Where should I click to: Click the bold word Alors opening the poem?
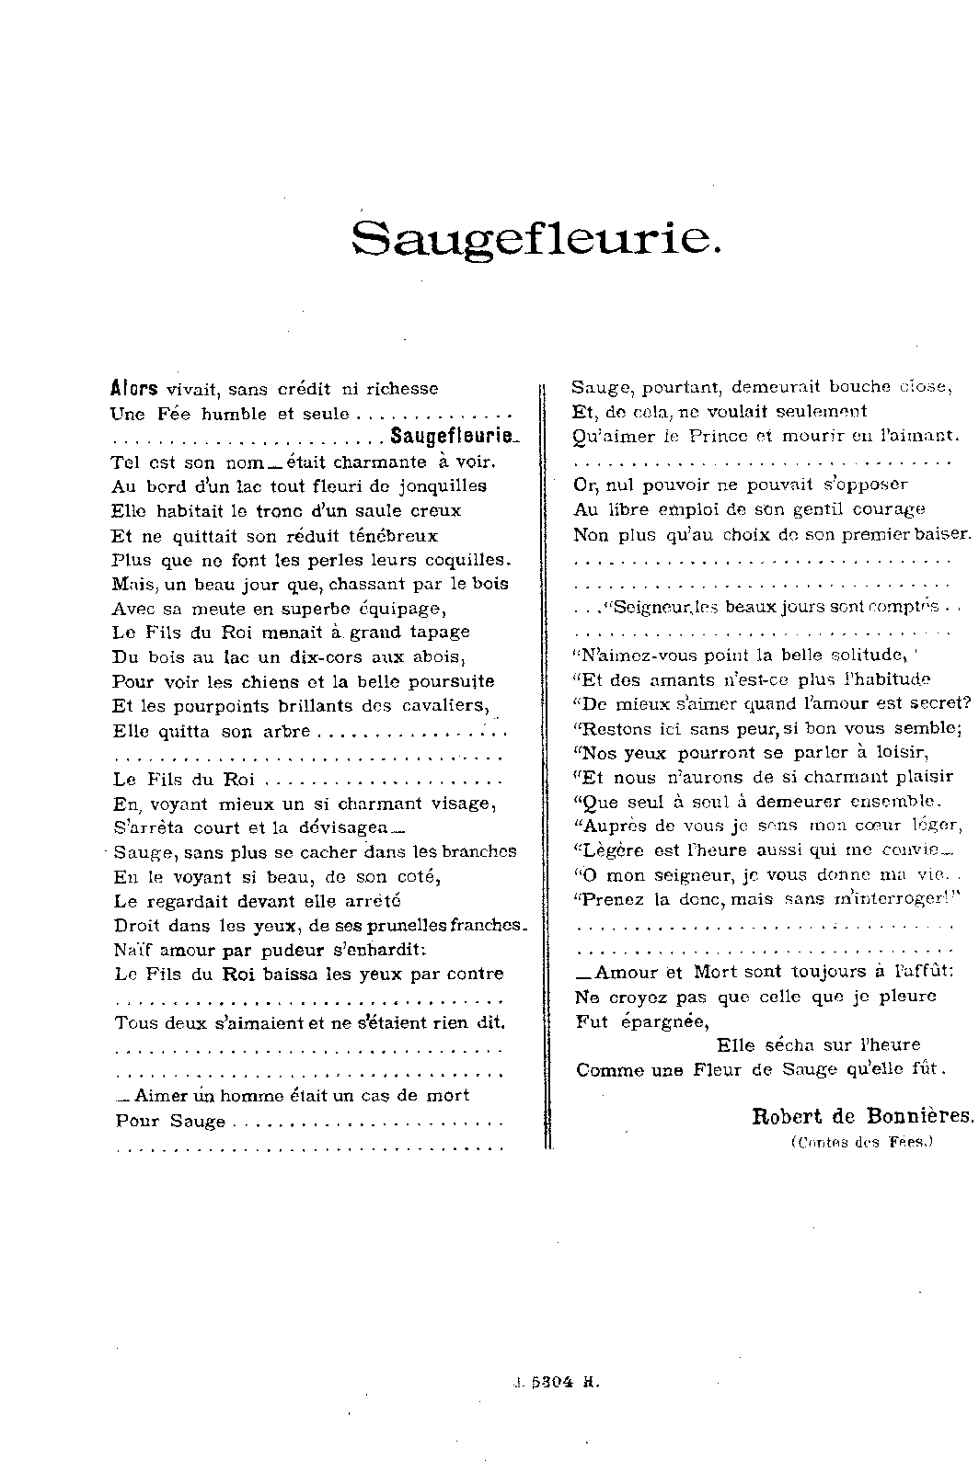point(134,388)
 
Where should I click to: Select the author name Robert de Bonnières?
point(862,1117)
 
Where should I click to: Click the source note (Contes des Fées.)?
point(861,1142)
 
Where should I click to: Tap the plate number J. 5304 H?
point(556,1380)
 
